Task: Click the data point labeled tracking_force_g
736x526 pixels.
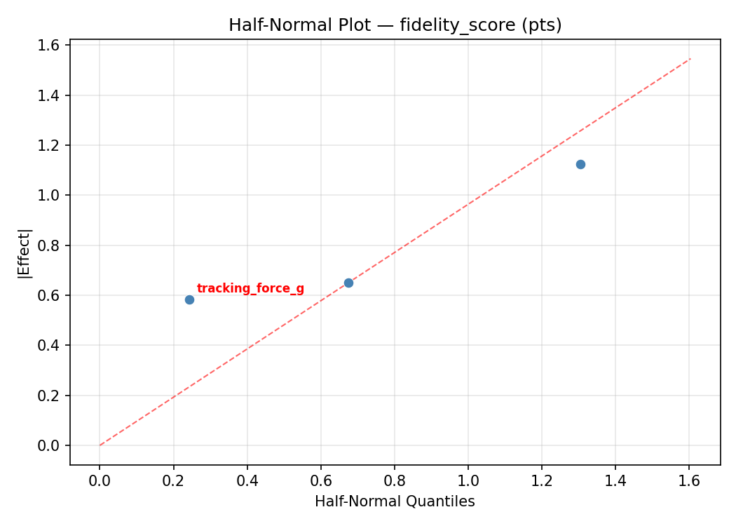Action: click(189, 299)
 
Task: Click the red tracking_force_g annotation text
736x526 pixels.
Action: click(250, 288)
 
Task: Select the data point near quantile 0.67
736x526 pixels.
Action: click(348, 283)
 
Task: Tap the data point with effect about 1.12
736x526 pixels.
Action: click(580, 164)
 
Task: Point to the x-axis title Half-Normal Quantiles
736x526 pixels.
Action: click(395, 501)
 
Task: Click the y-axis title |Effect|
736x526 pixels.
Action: click(25, 253)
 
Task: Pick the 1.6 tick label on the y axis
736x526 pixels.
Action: click(53, 45)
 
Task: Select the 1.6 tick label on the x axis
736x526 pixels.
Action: click(689, 480)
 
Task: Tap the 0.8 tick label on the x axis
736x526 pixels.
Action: click(395, 480)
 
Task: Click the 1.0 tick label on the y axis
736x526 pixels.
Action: click(53, 195)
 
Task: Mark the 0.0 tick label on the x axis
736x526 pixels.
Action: click(100, 480)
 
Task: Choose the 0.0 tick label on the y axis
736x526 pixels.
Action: click(53, 445)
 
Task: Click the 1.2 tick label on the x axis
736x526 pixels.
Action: click(542, 480)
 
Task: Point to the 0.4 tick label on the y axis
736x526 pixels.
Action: click(53, 345)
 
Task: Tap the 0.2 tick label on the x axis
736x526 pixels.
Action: click(173, 480)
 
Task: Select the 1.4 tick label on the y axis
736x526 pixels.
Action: click(53, 95)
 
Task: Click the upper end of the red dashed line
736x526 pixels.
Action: click(690, 59)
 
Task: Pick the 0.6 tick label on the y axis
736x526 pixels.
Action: click(53, 295)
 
